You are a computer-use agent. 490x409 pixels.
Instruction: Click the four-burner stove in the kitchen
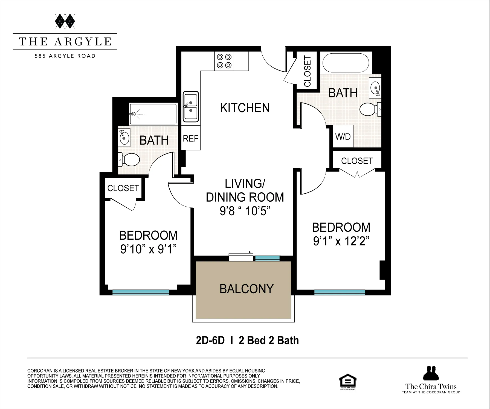224,61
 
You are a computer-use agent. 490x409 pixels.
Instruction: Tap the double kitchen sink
191,107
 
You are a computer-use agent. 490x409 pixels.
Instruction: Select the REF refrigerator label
190,138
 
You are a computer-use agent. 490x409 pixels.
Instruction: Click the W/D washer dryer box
343,136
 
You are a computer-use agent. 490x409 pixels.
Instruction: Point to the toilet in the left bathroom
129,159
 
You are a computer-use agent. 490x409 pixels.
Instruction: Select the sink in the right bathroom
375,88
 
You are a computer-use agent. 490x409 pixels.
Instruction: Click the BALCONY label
247,289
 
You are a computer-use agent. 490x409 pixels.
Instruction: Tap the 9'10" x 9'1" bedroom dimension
148,249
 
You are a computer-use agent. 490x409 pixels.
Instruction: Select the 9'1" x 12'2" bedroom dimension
341,241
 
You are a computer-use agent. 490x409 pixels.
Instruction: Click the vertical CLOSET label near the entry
307,71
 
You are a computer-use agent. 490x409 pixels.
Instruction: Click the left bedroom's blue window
141,292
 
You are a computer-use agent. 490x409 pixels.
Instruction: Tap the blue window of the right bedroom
340,292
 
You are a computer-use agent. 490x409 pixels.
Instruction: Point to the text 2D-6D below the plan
210,341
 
